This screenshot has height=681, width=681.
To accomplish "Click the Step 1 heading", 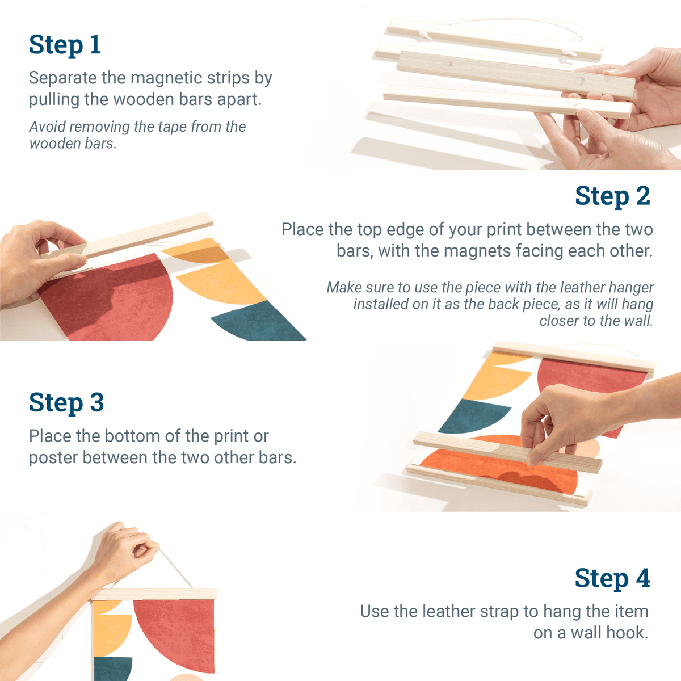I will point(65,45).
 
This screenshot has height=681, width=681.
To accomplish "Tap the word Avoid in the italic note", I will point(47,127).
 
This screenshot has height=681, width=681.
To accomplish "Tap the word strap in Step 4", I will point(499,612).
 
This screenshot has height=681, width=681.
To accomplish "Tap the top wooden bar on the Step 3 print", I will point(573,358).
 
